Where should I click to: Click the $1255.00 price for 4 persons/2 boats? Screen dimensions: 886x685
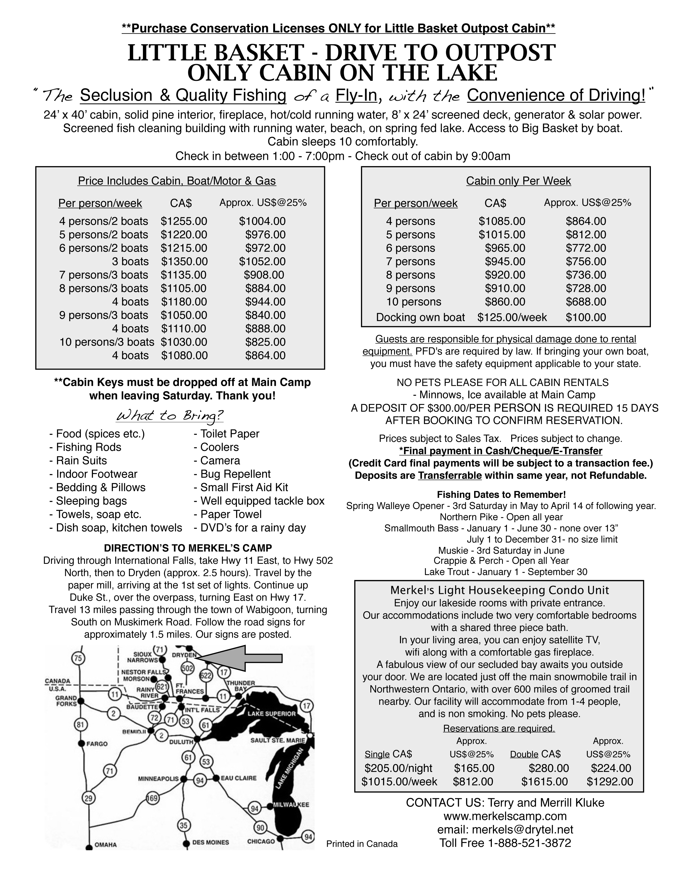coord(184,221)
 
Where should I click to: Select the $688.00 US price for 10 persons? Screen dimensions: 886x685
coord(586,302)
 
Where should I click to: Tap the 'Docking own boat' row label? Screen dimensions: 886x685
coord(420,317)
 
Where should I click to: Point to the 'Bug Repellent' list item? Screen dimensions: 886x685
coord(235,474)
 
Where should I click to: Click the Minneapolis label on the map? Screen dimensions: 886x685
coord(158,779)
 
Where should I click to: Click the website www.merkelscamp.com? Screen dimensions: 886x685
coord(505,816)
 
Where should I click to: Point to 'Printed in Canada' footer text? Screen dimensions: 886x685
coord(362,844)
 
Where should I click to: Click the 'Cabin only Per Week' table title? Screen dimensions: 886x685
coord(518,181)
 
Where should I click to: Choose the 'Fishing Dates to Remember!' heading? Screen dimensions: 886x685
coord(501,495)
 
